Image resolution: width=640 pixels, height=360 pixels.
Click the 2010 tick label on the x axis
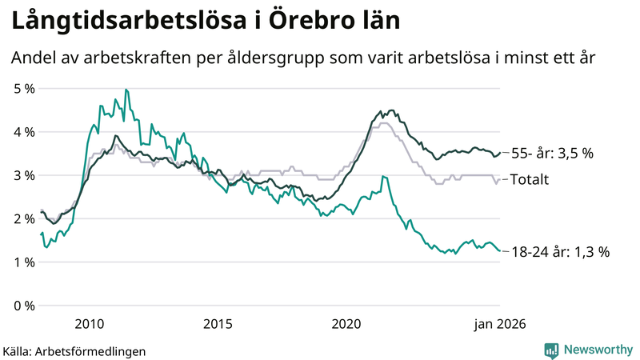click(x=89, y=323)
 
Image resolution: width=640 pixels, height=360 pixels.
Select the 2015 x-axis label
click(x=218, y=323)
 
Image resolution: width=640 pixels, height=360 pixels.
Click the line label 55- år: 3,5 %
click(x=552, y=153)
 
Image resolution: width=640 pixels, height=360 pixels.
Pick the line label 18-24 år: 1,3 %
click(x=560, y=252)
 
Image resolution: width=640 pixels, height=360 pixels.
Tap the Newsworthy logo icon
click(x=551, y=350)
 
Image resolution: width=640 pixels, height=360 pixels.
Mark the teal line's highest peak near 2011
click(x=126, y=90)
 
